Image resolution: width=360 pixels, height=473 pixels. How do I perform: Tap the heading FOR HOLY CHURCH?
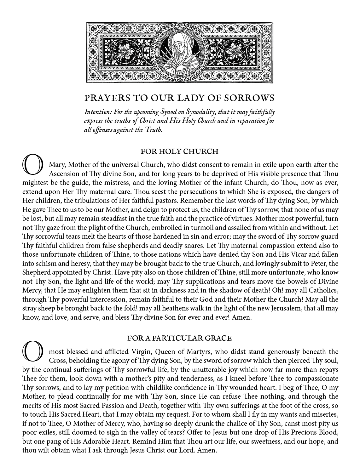coord(179,152)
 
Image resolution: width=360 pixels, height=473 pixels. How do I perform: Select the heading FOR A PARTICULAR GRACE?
coord(179,338)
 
